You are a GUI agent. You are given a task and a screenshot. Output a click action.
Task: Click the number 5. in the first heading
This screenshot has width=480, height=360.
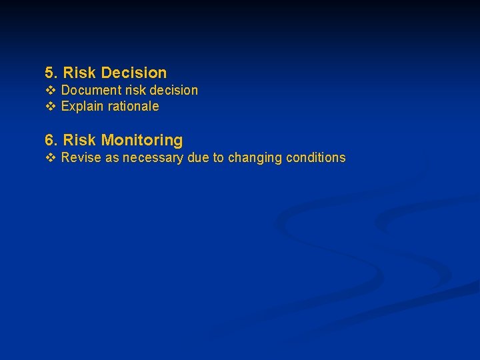[x=51, y=73]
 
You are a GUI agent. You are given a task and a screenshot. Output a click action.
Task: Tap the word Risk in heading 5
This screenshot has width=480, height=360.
[x=80, y=73]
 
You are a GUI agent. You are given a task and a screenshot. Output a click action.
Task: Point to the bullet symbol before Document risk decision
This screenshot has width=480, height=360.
[x=50, y=90]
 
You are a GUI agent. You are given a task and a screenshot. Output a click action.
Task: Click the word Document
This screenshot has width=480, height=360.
[x=89, y=90]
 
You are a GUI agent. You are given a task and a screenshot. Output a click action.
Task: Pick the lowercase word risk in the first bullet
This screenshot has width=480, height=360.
[x=129, y=90]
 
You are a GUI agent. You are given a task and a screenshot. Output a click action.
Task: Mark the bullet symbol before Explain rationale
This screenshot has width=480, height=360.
[x=50, y=106]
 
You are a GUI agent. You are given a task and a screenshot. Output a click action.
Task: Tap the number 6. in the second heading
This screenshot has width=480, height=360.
[x=51, y=140]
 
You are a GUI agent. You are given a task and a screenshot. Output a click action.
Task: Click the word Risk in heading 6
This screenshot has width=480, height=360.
[x=80, y=140]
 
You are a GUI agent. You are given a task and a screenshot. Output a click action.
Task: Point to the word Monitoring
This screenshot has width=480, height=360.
[x=142, y=140]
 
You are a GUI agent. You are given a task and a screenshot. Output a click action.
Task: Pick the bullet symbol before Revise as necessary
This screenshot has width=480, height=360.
[x=50, y=158]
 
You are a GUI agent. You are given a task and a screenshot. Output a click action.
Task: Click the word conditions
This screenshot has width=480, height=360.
[x=315, y=158]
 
